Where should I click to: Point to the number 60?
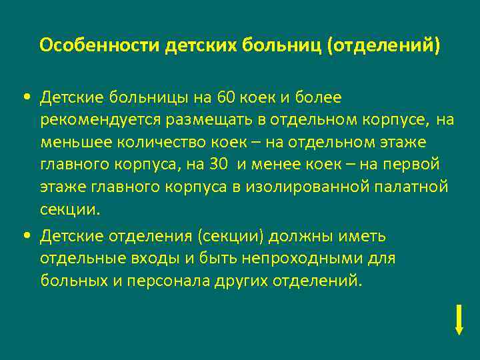(x=227, y=98)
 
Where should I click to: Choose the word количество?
(x=155, y=143)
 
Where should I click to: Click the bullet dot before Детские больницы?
(x=25, y=98)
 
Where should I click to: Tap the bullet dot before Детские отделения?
(x=25, y=236)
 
